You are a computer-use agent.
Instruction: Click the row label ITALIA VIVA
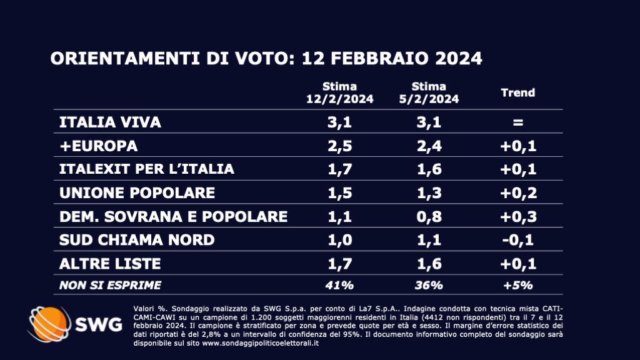(110, 122)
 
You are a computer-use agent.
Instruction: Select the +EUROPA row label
(97, 146)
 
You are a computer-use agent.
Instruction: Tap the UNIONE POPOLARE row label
(136, 192)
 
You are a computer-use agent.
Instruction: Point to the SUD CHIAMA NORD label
(136, 240)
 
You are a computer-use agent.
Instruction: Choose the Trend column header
(518, 92)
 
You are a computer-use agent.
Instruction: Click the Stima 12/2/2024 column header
(339, 92)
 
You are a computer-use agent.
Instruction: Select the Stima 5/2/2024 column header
(429, 92)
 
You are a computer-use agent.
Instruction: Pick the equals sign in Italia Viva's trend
(517, 122)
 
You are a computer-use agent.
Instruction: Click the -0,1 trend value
(517, 240)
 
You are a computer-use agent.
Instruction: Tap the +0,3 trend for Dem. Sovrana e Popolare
(517, 216)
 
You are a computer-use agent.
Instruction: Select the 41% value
(339, 285)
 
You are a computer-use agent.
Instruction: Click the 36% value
(429, 285)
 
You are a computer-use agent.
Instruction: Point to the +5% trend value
(517, 285)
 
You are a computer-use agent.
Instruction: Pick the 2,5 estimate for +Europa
(339, 146)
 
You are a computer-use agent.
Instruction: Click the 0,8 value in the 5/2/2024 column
(429, 216)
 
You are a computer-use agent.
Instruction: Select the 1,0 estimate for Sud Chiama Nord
(339, 240)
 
